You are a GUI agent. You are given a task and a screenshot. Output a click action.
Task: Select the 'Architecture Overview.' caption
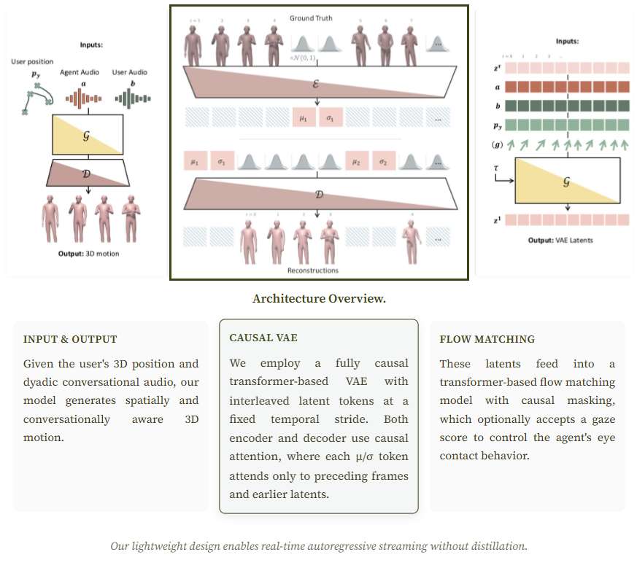pos(319,299)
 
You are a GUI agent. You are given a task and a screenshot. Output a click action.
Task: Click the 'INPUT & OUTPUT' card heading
pos(70,339)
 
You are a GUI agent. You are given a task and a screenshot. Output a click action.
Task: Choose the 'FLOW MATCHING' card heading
pos(487,339)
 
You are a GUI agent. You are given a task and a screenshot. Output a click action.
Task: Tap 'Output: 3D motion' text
pos(88,254)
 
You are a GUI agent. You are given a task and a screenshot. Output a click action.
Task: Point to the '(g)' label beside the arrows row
pos(496,145)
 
